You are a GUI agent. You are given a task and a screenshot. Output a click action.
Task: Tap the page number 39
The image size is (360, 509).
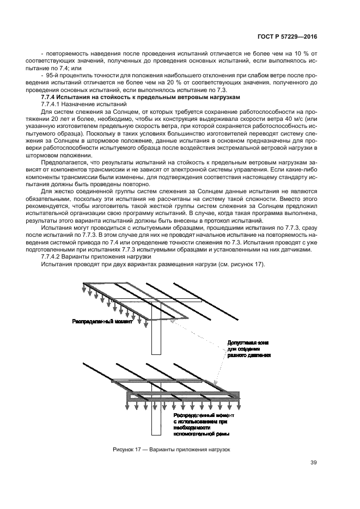tap(313, 463)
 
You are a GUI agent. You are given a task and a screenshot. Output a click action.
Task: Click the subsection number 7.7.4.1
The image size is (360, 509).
tap(53, 103)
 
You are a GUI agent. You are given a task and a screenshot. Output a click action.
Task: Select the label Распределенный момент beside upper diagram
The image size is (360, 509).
tap(103, 322)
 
